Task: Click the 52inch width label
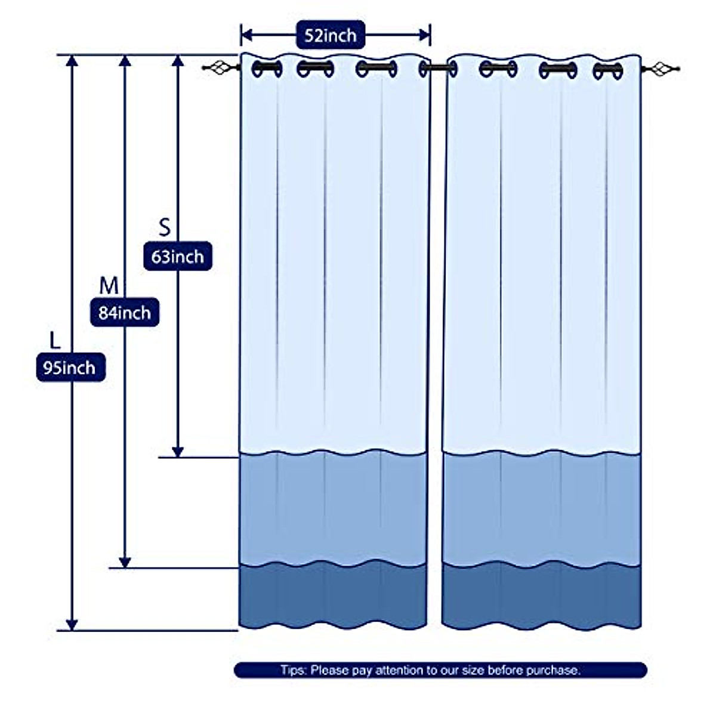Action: [x=330, y=35]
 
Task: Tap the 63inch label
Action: [x=177, y=257]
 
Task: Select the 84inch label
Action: [x=125, y=312]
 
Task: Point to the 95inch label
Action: [x=70, y=368]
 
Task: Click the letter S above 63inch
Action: [x=164, y=227]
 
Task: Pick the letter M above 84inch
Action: [x=109, y=286]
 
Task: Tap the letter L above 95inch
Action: [x=55, y=341]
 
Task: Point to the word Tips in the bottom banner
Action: [x=293, y=670]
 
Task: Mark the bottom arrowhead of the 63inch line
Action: [x=177, y=452]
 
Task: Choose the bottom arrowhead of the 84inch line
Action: [x=125, y=562]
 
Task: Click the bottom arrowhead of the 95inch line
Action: [x=72, y=624]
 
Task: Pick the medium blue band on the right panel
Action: [x=542, y=507]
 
